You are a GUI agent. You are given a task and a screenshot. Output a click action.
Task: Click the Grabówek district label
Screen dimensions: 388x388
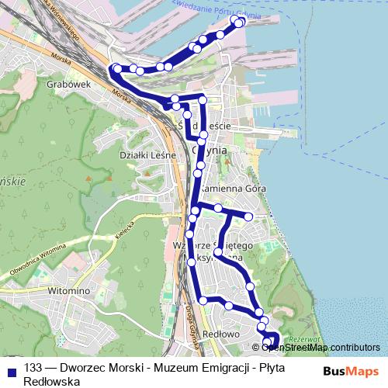click(71, 83)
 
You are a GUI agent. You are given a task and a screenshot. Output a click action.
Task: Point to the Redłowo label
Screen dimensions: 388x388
click(218, 334)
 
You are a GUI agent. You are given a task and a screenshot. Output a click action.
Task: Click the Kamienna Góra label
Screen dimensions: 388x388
click(234, 189)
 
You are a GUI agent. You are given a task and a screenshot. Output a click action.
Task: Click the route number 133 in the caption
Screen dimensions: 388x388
click(33, 369)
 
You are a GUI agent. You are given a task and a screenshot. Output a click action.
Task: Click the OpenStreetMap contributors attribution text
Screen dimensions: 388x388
click(320, 348)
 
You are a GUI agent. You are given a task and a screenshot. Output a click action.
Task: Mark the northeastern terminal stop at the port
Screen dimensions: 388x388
click(238, 23)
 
